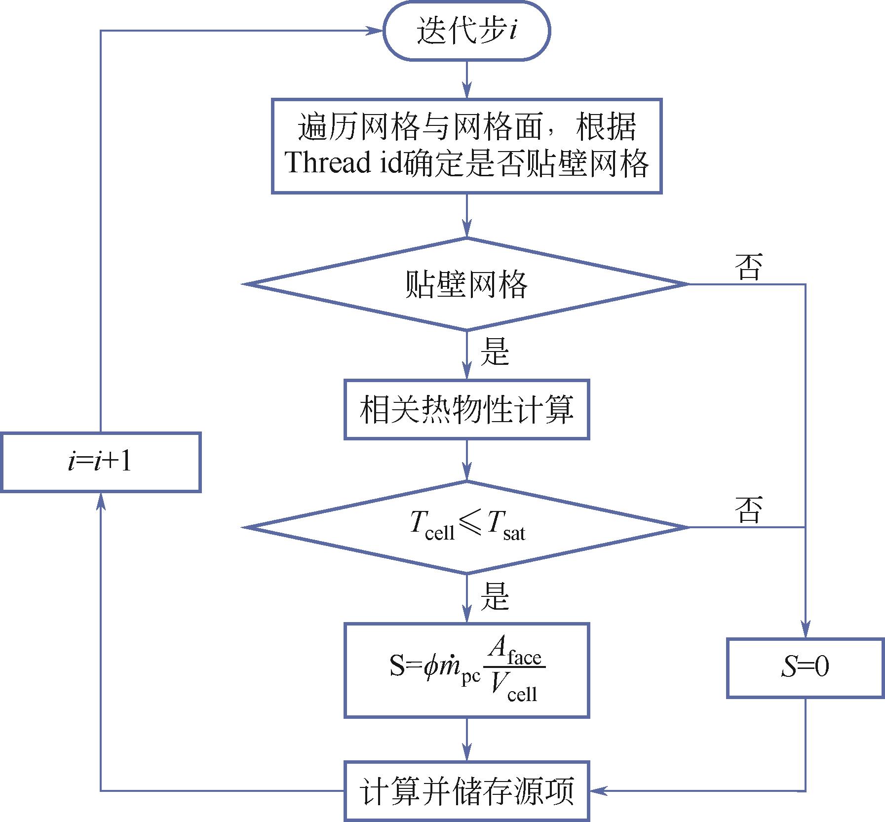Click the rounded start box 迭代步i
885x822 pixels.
[466, 31]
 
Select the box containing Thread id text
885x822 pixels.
[466, 146]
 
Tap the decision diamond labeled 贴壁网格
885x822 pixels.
[466, 284]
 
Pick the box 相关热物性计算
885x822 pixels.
[466, 410]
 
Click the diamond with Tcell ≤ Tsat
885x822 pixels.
[466, 527]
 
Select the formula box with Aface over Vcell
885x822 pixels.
[466, 670]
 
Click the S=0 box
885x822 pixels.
[805, 668]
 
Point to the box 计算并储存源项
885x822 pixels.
[466, 791]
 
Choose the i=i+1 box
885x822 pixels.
[100, 462]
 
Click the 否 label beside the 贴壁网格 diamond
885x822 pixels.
[749, 267]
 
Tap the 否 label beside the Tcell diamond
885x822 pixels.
[749, 509]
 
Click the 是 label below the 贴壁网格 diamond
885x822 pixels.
[495, 352]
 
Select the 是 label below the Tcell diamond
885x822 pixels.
[495, 596]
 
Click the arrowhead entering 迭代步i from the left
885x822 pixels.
[376, 31]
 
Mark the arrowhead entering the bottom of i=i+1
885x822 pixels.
[101, 500]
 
